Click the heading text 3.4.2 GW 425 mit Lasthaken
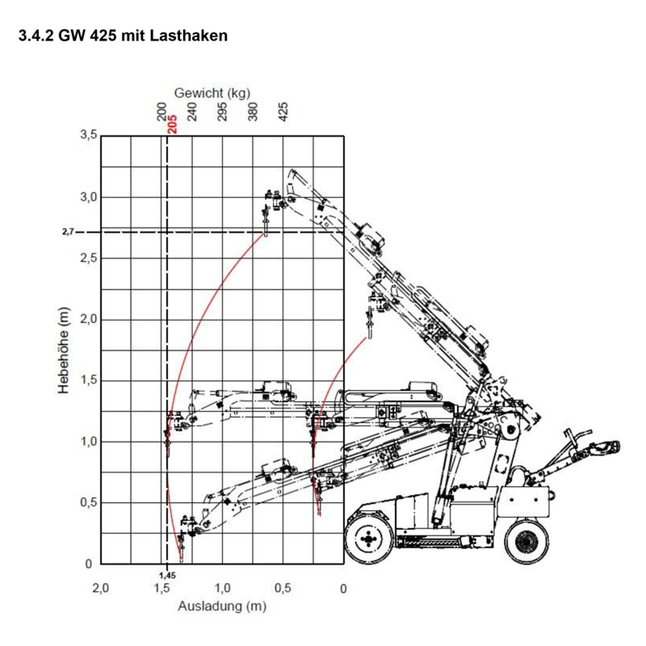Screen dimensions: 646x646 (x=123, y=36)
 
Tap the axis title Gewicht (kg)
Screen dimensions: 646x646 (x=212, y=93)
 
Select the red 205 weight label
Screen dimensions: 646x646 (x=172, y=124)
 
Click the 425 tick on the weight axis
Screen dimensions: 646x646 (x=283, y=112)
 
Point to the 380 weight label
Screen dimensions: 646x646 (x=253, y=112)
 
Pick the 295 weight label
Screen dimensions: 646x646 (x=222, y=112)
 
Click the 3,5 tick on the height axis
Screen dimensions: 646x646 (x=89, y=135)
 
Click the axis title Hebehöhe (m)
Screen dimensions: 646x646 (x=64, y=350)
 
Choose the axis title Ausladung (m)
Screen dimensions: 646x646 (x=222, y=606)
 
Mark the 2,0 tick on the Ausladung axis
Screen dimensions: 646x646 (x=101, y=588)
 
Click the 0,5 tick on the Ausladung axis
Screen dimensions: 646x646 (x=283, y=588)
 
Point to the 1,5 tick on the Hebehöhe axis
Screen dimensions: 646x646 (x=89, y=381)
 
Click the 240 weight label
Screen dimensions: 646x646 (x=192, y=112)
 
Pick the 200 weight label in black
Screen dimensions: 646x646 (x=162, y=112)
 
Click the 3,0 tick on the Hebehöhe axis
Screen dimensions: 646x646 (x=89, y=197)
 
